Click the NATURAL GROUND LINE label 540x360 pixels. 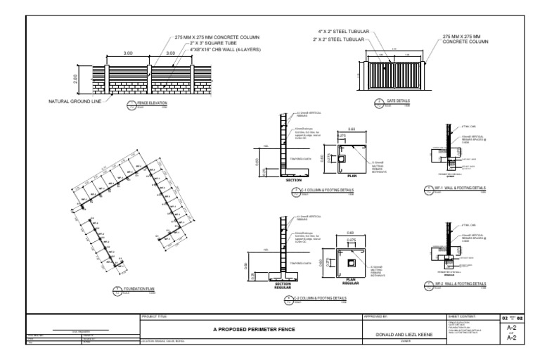tap(75, 101)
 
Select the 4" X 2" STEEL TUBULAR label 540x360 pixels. tap(342, 32)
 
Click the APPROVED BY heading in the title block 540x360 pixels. tap(375, 317)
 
